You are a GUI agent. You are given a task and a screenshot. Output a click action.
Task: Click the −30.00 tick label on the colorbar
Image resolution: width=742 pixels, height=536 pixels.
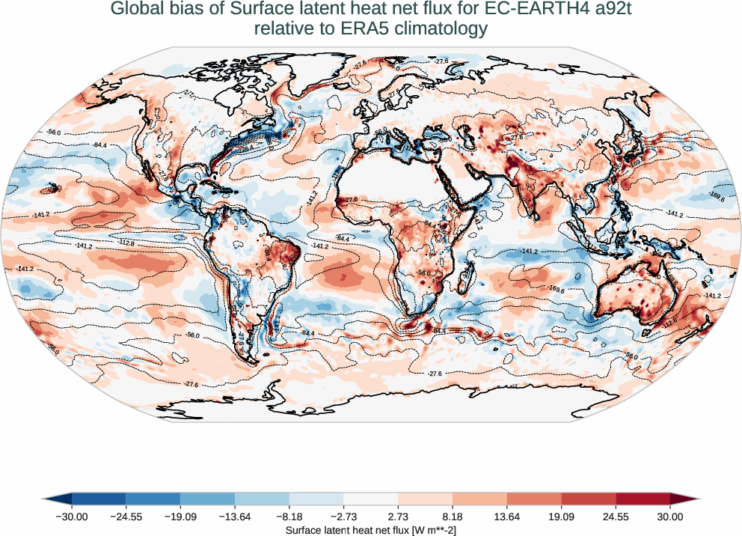(x=72, y=517)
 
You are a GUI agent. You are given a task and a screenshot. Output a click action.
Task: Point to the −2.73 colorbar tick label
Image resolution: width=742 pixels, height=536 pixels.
(x=343, y=517)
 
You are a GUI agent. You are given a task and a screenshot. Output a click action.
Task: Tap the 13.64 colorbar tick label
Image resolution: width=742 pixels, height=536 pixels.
(x=507, y=517)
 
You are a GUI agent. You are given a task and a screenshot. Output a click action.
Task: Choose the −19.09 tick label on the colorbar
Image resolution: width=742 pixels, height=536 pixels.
(x=180, y=517)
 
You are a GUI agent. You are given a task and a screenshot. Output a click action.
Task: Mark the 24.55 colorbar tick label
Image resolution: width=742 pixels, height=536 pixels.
(x=616, y=517)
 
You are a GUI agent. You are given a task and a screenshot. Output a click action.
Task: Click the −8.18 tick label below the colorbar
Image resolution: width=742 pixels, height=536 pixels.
(x=289, y=517)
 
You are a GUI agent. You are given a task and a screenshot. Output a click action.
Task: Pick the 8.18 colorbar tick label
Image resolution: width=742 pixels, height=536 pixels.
(x=453, y=517)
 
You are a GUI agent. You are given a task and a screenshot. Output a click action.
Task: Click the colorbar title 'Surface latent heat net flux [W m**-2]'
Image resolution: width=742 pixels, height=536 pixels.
(x=371, y=529)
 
